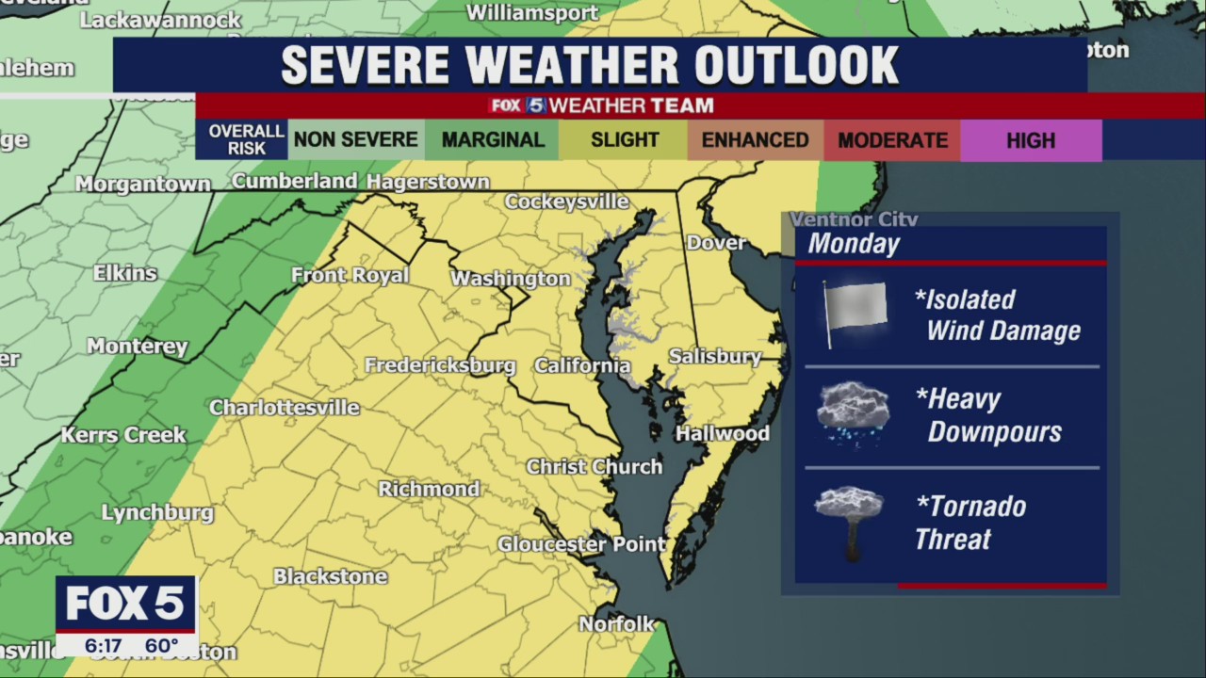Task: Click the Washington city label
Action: click(x=510, y=279)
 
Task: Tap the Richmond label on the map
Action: click(x=429, y=489)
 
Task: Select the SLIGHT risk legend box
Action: click(x=624, y=140)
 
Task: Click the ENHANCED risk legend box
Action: click(x=755, y=140)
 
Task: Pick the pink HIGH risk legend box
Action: click(x=1030, y=140)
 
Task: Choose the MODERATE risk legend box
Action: click(x=892, y=140)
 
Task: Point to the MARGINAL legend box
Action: click(x=493, y=140)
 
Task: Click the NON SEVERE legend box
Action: click(x=355, y=140)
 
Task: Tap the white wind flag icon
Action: click(x=854, y=312)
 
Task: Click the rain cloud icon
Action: click(x=853, y=411)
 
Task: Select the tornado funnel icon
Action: click(x=850, y=522)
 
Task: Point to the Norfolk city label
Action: click(x=616, y=624)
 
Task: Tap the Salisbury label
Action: click(x=715, y=357)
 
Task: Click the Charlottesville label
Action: click(x=284, y=408)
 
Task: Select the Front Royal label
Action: click(x=350, y=275)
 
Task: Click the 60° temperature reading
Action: click(x=162, y=646)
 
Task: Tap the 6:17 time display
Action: click(x=103, y=646)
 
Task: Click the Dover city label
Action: click(x=716, y=243)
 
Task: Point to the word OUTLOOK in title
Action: click(x=796, y=65)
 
